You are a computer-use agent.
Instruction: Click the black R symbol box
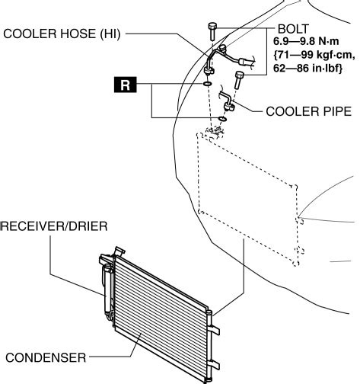tap(126, 85)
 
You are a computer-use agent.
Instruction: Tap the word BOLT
tap(293, 29)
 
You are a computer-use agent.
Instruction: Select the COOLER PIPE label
tap(309, 111)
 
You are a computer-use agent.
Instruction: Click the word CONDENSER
tap(46, 357)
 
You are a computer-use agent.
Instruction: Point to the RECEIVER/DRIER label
tap(54, 226)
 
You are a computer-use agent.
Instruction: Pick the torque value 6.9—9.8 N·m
tap(306, 41)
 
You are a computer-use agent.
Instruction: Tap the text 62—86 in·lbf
tap(307, 68)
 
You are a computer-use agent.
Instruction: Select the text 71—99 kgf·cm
tap(314, 55)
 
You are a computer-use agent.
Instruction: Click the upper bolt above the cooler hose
tap(212, 31)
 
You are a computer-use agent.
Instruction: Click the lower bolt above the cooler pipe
tap(239, 80)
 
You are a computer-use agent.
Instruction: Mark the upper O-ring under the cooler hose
tap(207, 84)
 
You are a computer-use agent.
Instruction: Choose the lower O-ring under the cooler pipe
tap(222, 118)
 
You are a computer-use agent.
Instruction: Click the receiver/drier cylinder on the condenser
tap(107, 288)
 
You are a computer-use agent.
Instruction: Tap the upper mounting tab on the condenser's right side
tap(215, 330)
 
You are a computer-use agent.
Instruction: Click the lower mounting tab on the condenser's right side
tap(215, 365)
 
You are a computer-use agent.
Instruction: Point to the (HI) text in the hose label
tap(110, 34)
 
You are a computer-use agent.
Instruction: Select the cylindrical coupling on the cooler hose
tap(243, 62)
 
